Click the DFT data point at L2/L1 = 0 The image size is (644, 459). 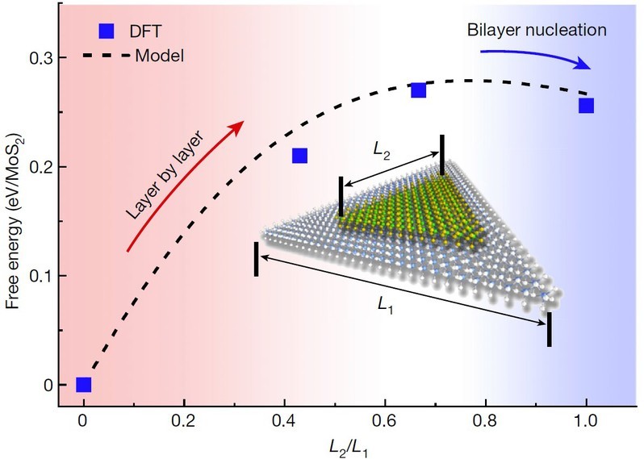coord(83,385)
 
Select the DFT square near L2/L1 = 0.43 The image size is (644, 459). coord(300,156)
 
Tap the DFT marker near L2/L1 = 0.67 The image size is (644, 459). coord(418,90)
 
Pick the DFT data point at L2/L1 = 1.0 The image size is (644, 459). coord(587,105)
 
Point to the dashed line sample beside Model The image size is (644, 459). coord(103,56)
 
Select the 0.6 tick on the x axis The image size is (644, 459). coord(385,421)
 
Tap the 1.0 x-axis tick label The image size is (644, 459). coord(586,421)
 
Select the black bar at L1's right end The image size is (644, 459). coord(550,329)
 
